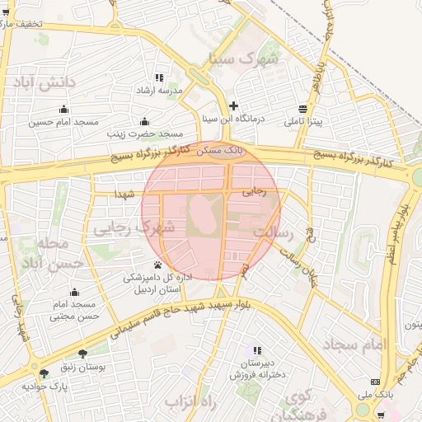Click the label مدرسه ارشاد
pyautogui.click(x=175, y=90)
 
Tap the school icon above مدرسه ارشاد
pyautogui.click(x=159, y=77)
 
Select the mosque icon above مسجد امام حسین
pyautogui.click(x=63, y=110)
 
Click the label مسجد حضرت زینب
pyautogui.click(x=143, y=133)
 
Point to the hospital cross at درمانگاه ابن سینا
pyautogui.click(x=234, y=105)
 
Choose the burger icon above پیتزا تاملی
pyautogui.click(x=303, y=109)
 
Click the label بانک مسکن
pyautogui.click(x=223, y=151)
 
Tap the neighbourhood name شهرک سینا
pyautogui.click(x=245, y=59)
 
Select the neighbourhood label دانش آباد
pyautogui.click(x=42, y=82)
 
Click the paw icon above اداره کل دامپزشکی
pyautogui.click(x=157, y=265)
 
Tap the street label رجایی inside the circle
pyautogui.click(x=255, y=191)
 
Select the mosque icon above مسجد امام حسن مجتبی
pyautogui.click(x=75, y=292)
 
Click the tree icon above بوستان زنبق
pyautogui.click(x=82, y=353)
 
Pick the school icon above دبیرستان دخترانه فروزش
pyautogui.click(x=257, y=350)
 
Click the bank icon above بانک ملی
pyautogui.click(x=376, y=382)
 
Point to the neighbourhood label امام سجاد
pyautogui.click(x=354, y=343)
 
